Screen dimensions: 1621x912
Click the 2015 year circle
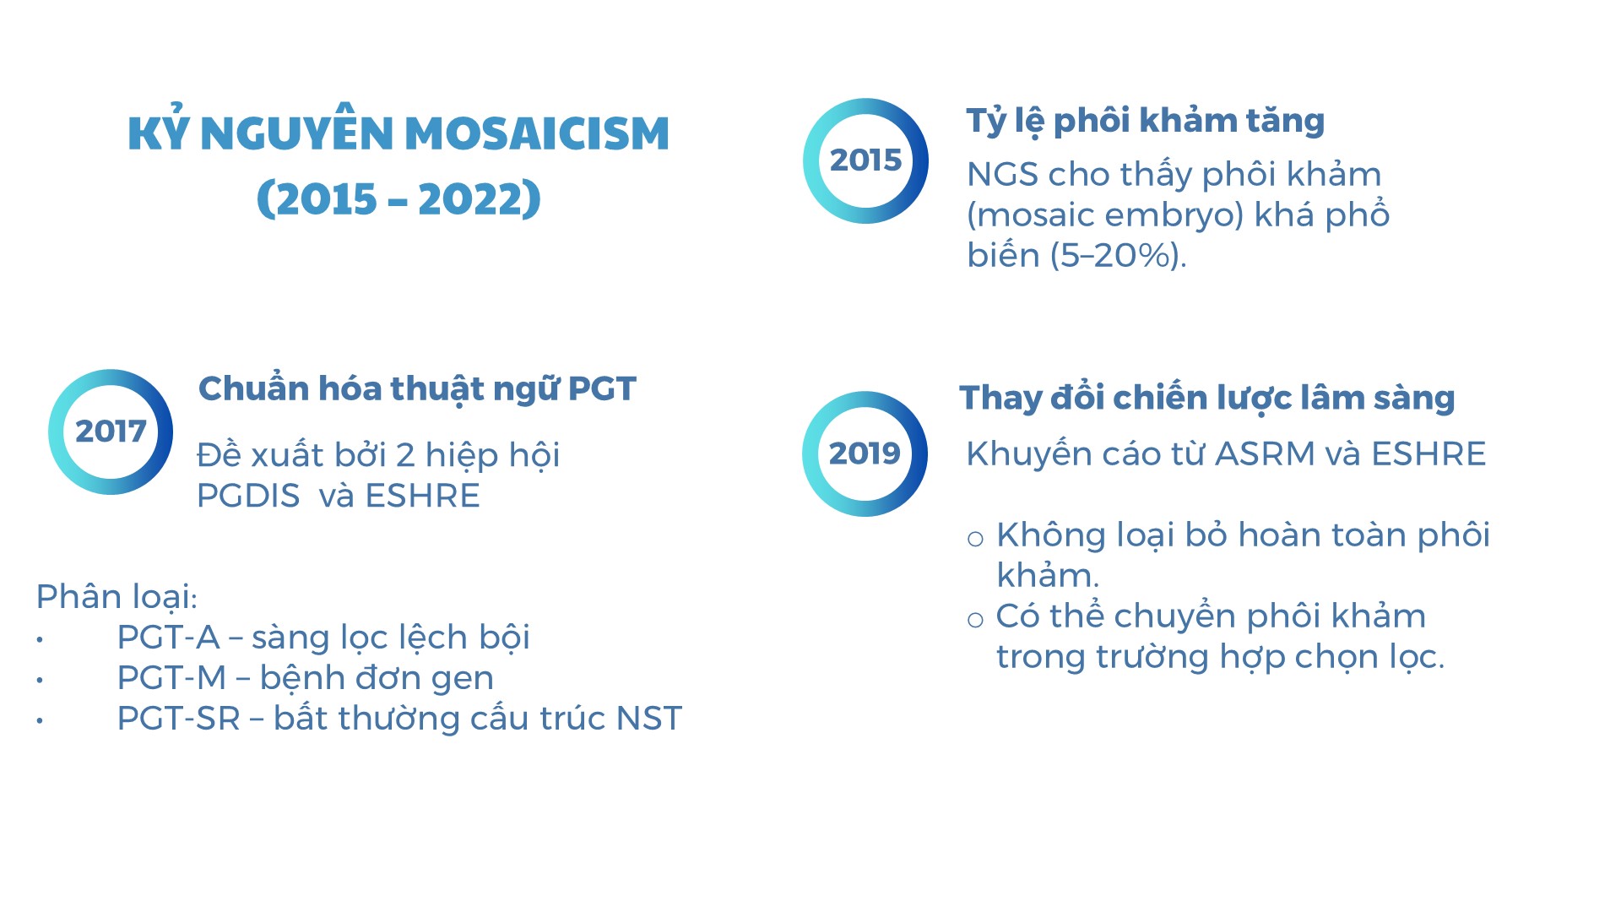(x=808, y=160)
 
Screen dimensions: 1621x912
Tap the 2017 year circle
(x=54, y=432)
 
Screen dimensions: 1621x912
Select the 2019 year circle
(x=808, y=453)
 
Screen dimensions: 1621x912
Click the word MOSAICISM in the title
(x=537, y=133)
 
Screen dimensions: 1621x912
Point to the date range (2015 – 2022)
(x=398, y=198)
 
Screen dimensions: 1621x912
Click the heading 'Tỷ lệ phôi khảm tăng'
(x=1146, y=121)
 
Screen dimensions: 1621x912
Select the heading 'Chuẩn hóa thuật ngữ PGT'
(x=417, y=388)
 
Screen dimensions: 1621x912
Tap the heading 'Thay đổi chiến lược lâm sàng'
(x=1207, y=398)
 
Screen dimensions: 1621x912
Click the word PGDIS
(x=248, y=496)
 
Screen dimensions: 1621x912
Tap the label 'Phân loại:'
(x=117, y=597)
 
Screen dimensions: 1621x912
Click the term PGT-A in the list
(x=169, y=638)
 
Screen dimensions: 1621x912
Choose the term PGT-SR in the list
(x=179, y=719)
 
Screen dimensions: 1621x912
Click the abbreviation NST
(x=649, y=719)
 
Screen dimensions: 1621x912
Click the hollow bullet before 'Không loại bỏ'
(x=976, y=539)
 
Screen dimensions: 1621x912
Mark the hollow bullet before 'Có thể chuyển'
(x=976, y=620)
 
